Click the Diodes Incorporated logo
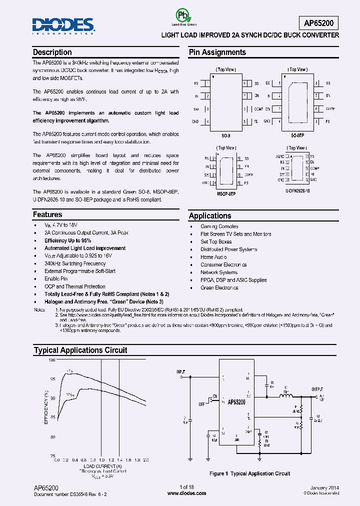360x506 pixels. tap(63, 24)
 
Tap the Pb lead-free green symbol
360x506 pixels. tap(184, 16)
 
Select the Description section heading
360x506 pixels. tap(52, 52)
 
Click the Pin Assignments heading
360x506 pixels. tap(217, 52)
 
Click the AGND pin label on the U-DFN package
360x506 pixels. tap(279, 156)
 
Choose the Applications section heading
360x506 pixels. tap(210, 216)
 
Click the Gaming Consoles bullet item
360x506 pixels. tap(219, 226)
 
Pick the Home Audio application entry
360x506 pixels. tap(213, 257)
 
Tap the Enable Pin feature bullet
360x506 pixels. tap(56, 279)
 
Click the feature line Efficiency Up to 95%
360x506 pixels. tap(67, 240)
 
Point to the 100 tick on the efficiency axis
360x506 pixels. tap(52, 360)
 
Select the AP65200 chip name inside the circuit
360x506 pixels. tap(236, 402)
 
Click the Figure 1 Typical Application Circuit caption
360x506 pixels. tap(249, 473)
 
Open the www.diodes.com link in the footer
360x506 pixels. tap(186, 493)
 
